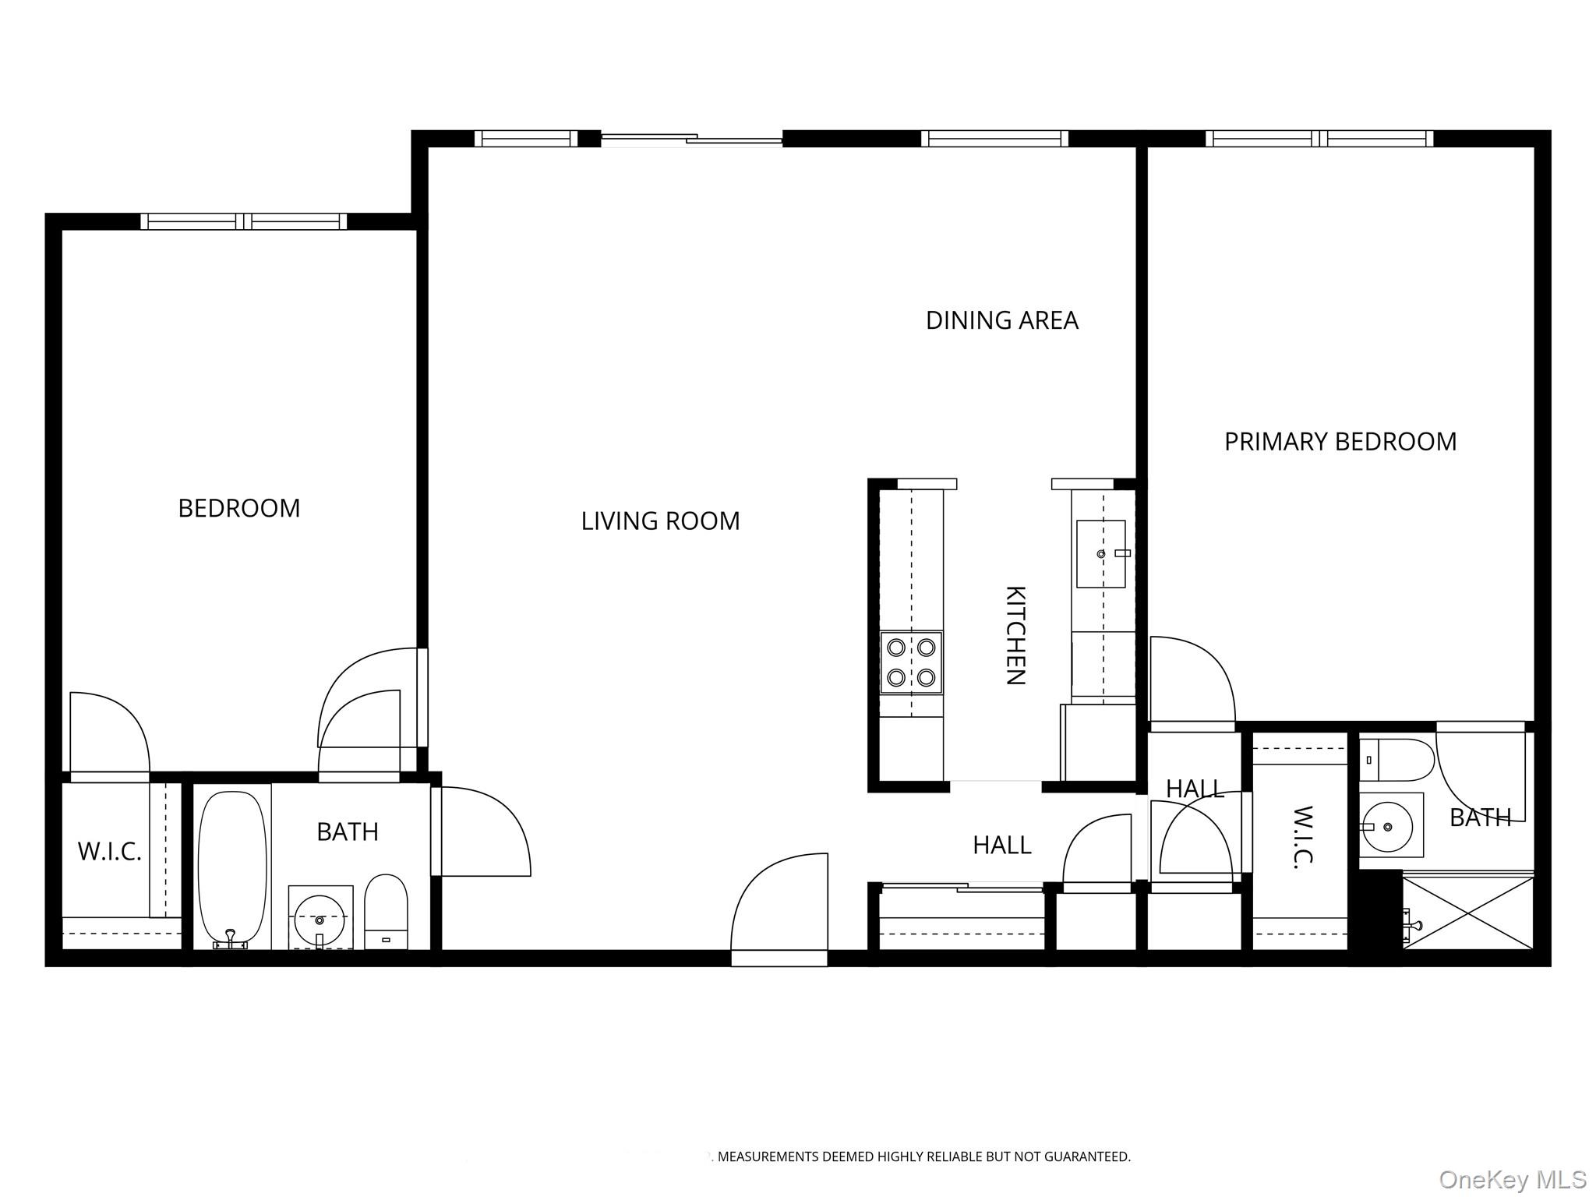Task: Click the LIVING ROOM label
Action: pos(660,521)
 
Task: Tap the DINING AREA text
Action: pos(1001,320)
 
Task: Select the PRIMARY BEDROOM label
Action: pos(1340,442)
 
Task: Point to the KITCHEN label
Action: pos(1015,635)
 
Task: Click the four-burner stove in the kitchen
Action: pos(911,662)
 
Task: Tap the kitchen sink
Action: pos(1101,553)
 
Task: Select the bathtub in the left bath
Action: pos(232,869)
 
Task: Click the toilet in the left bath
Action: pos(386,912)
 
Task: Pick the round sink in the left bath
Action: pos(320,918)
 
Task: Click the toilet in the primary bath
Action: pos(1396,760)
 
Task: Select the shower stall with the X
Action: pos(1468,913)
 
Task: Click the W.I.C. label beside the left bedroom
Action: pos(110,852)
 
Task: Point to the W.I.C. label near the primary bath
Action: pos(1302,835)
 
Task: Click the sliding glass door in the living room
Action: pos(692,139)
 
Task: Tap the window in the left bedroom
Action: pos(244,221)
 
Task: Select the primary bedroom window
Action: pos(1319,139)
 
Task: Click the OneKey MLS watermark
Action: pos(1513,1179)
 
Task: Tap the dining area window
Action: pos(994,139)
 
